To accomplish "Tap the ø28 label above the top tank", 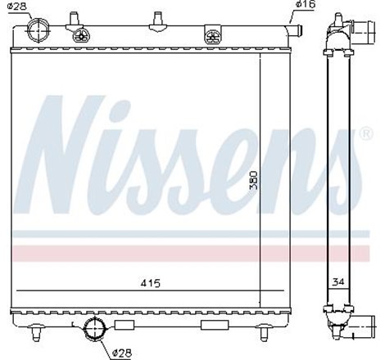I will point(18,7).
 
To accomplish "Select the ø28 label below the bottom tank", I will point(121,353).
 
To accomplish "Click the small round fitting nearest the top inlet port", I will point(81,35).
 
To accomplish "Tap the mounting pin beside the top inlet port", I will point(74,17).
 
